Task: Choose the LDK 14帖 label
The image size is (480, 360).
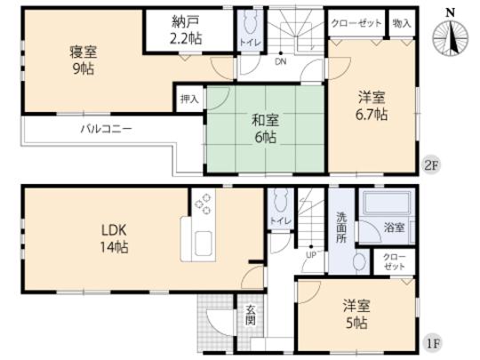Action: pos(114,241)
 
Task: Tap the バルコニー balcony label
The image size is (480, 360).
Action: pos(107,129)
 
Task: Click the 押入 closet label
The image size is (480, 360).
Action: pos(189,98)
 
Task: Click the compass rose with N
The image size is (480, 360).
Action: pos(451,36)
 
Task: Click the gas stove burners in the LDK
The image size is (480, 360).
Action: pos(203,205)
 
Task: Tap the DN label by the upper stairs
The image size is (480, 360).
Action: pos(279,63)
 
